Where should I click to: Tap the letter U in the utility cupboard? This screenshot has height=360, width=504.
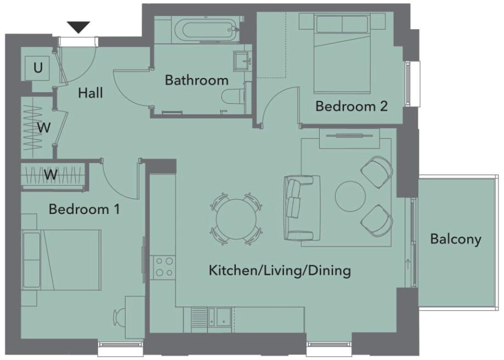click(x=38, y=68)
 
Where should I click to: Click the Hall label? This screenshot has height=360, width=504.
click(x=90, y=93)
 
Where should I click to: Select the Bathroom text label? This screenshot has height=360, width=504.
click(x=196, y=81)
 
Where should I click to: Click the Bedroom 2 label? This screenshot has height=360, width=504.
click(x=351, y=106)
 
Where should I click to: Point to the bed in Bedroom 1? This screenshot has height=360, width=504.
click(x=61, y=260)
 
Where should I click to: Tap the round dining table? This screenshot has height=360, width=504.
click(x=236, y=218)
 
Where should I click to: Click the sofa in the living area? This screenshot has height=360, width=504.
click(x=299, y=208)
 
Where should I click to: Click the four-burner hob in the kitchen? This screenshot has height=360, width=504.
click(x=163, y=267)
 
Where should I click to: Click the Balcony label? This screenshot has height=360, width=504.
click(x=455, y=239)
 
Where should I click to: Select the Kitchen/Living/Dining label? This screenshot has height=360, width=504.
click(x=279, y=271)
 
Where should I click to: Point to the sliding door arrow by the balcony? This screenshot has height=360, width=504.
click(x=407, y=266)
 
